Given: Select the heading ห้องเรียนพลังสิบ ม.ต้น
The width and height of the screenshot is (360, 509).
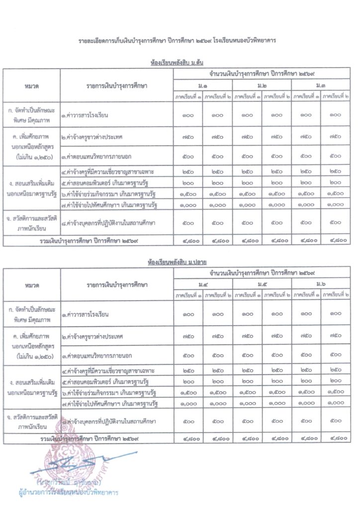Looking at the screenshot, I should pos(180,63).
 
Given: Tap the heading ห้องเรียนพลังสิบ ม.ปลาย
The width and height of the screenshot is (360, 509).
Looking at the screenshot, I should pos(180,260).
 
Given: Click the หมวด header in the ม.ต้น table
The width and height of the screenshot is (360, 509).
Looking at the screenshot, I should pos(31,86).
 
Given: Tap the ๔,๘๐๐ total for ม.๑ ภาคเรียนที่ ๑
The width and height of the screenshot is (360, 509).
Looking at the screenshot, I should pos(188,241).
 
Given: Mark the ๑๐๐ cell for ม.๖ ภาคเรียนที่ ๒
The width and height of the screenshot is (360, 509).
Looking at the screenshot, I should pos(335,314).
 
